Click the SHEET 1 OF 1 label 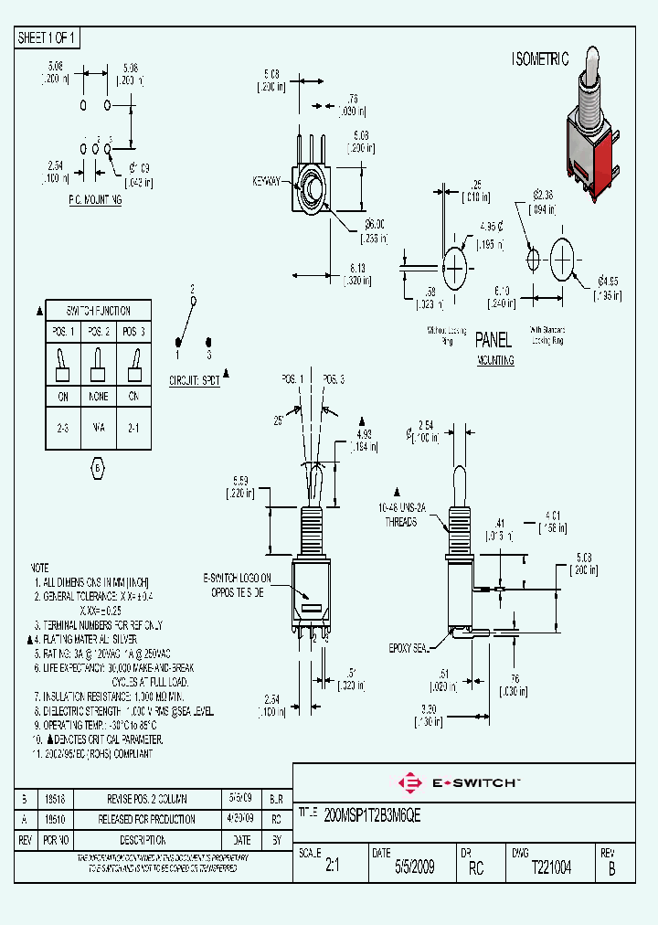pos(48,38)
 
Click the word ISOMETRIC pos(539,59)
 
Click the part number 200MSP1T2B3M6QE pos(373,812)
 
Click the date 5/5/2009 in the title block pos(414,867)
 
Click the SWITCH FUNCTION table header pos(99,311)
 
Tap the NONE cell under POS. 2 pos(99,397)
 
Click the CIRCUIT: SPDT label pos(195,380)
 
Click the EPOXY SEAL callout pos(409,647)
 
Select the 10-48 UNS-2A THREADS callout pos(398,514)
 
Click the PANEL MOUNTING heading pos(493,348)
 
